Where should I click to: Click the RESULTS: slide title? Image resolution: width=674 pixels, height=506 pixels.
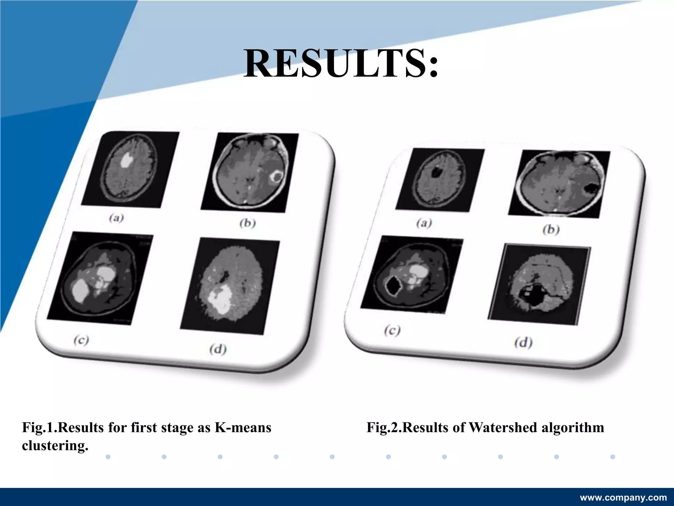(341, 64)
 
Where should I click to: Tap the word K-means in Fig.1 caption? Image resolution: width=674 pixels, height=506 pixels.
(243, 428)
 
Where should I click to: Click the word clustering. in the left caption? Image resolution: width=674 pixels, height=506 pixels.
(55, 446)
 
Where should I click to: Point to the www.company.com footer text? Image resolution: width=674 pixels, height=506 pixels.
(623, 497)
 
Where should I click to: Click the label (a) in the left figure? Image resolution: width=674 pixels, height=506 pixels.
(117, 218)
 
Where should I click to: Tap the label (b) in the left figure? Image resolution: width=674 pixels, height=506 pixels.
(247, 223)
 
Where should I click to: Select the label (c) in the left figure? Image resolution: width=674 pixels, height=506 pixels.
(81, 340)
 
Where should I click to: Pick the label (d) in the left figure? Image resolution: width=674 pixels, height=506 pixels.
(218, 349)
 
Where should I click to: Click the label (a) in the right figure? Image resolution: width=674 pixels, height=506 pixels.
(424, 223)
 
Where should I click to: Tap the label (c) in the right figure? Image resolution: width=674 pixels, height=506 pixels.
(392, 330)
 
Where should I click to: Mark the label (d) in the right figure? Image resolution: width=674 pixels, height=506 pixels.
(523, 343)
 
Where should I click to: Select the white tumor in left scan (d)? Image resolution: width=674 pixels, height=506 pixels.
(220, 300)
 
